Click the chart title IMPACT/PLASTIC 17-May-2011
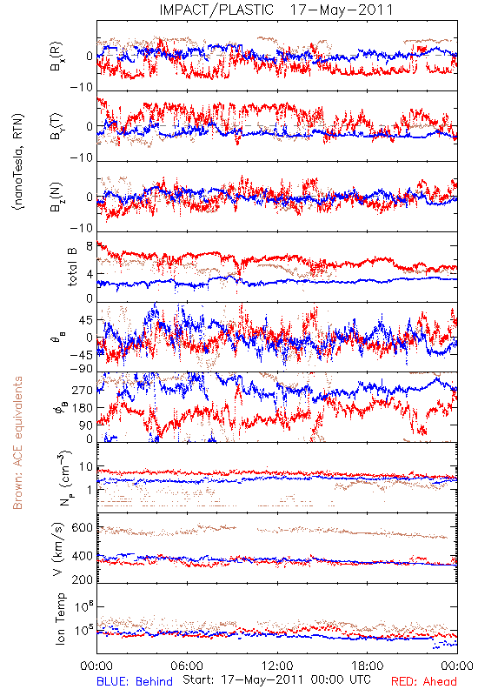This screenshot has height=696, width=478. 276,10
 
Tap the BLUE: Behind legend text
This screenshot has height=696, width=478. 135,681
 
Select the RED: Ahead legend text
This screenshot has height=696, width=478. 423,681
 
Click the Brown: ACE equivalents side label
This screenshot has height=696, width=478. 17,443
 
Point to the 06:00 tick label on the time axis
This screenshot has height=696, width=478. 187,666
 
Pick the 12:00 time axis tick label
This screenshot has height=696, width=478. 277,666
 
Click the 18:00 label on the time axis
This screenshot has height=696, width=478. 367,666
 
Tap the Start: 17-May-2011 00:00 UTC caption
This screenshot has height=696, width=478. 276,679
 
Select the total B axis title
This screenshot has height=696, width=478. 72,266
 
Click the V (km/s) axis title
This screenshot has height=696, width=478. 58,549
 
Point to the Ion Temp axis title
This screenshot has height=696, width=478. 60,619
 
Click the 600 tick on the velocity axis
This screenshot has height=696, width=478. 82,527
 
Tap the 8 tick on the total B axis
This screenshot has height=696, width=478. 90,246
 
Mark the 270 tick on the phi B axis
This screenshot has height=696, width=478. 83,390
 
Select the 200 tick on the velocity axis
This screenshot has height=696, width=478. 82,579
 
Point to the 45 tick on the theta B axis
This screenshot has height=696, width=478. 86,320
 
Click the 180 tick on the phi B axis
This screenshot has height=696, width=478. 83,408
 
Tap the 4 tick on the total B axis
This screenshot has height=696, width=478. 90,274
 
